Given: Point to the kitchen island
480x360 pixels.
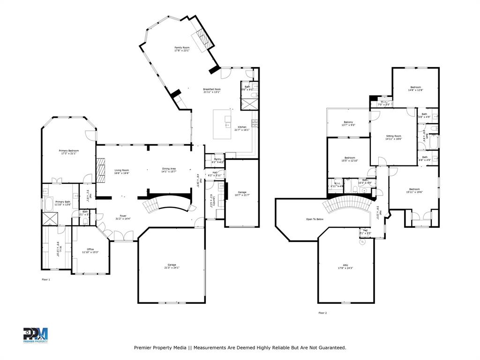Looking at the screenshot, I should pyautogui.click(x=223, y=124).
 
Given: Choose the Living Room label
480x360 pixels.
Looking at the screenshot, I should pyautogui.click(x=122, y=171).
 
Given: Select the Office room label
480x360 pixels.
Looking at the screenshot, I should pyautogui.click(x=90, y=250).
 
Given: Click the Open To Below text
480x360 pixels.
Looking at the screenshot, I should pyautogui.click(x=315, y=219).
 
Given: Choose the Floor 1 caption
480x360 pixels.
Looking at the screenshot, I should pyautogui.click(x=46, y=279).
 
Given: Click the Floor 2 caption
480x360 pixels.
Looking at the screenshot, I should pyautogui.click(x=322, y=313).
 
